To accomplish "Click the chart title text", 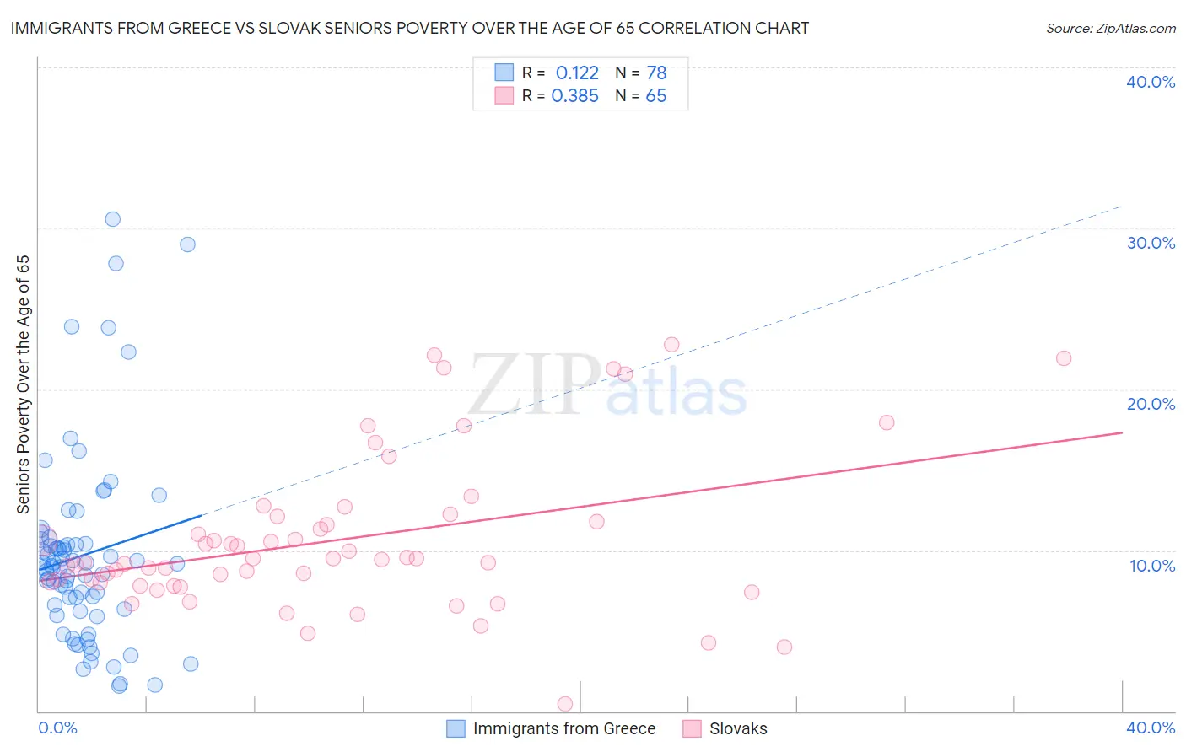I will coord(410,29).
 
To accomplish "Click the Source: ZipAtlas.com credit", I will coord(1110,29).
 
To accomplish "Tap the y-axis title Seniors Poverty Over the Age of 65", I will coord(24,384).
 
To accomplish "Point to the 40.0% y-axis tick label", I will coord(1151,82).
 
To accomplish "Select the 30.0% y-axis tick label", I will coord(1151,243).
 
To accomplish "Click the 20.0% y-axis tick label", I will coord(1151,404).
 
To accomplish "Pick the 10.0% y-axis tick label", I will coord(1152,566).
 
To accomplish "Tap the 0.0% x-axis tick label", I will coord(57,728).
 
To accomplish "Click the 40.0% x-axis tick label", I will coord(1151,728).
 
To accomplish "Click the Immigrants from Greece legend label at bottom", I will coord(563,728).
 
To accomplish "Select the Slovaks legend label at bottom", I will coord(738,728).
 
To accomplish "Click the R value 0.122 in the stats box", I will coord(577,73).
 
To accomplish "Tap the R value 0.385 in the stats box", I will coord(574,96).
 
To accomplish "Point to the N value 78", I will coord(656,73).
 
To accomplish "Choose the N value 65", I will coord(655,96).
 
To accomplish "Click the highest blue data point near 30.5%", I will coord(112,219).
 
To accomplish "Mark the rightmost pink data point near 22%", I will coord(1064,358).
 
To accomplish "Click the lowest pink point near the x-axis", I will coord(565,704).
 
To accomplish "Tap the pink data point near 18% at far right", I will coord(887,422).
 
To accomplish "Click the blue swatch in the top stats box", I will coord(504,73).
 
